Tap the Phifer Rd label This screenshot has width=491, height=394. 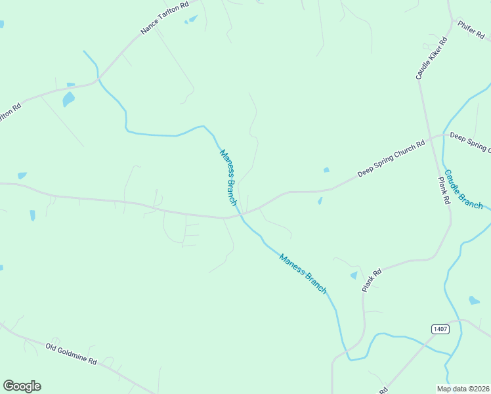tap(471, 30)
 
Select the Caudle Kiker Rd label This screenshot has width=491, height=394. tap(432, 58)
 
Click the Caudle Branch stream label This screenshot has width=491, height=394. tap(463, 190)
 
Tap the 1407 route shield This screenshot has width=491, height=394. tap(440, 328)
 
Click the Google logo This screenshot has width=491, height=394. tap(22, 386)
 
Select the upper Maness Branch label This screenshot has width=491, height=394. tap(227, 177)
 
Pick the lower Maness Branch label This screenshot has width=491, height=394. tap(303, 273)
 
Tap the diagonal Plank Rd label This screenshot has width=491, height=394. tap(372, 280)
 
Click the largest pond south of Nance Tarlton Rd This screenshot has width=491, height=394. tap(68, 99)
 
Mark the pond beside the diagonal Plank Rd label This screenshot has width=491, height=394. tap(354, 275)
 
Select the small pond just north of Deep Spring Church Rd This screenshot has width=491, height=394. tap(326, 171)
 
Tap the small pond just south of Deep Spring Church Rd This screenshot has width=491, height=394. tap(320, 201)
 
